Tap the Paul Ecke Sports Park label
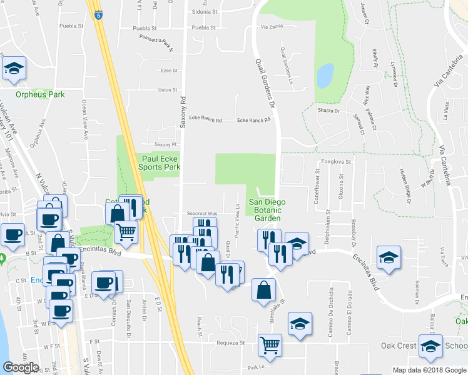161,163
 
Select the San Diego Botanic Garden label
267,210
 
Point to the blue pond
325,76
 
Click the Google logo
21,367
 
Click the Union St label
168,90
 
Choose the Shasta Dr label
328,111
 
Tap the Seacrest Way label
204,213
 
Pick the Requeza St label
231,342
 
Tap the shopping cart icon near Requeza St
270,344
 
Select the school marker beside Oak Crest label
430,347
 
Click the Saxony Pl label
157,144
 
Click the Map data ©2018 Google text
429,370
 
